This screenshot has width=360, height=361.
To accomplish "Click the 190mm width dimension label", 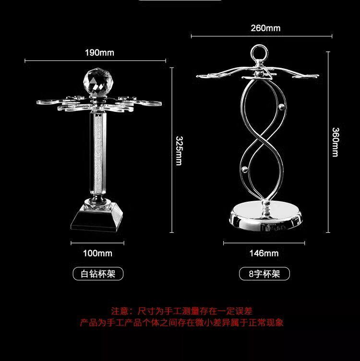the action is coord(99,52).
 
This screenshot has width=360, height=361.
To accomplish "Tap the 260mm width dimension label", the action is coord(265,28).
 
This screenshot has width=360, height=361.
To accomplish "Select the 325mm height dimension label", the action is coord(179,151).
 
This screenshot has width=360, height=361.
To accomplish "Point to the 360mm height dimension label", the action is coord(335,142).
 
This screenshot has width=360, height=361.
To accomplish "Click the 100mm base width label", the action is coord(98,253).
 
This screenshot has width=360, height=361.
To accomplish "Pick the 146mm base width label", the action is coord(264,253).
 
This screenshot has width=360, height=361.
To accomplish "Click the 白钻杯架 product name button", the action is coord(98,274).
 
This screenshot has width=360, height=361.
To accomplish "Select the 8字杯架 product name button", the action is coord(264,274).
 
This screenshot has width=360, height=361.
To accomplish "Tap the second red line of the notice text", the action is coord(181,323).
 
